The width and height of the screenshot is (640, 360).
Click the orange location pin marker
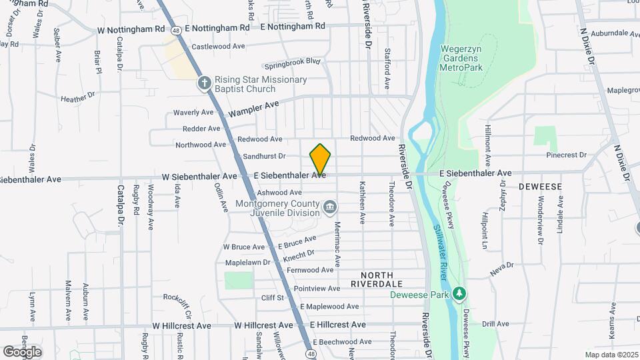pos(320,159)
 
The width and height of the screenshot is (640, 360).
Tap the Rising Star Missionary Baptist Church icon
pos(205,84)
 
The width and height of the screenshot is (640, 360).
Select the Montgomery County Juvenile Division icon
pos(329,208)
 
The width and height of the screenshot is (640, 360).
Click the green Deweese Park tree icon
pos(459,294)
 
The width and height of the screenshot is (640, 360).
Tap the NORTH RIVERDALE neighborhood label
pos(386,279)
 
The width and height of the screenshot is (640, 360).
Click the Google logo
pos(22,351)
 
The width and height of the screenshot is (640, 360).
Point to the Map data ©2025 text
pos(611,355)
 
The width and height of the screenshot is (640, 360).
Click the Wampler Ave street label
pos(253,109)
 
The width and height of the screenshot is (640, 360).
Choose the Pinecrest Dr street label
pos(566,155)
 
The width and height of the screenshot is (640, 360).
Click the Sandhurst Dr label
pos(264,156)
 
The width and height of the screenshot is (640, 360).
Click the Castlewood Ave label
pos(219,47)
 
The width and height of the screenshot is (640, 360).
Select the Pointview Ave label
pos(317,289)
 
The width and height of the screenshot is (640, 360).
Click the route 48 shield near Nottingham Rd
pos(175,30)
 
